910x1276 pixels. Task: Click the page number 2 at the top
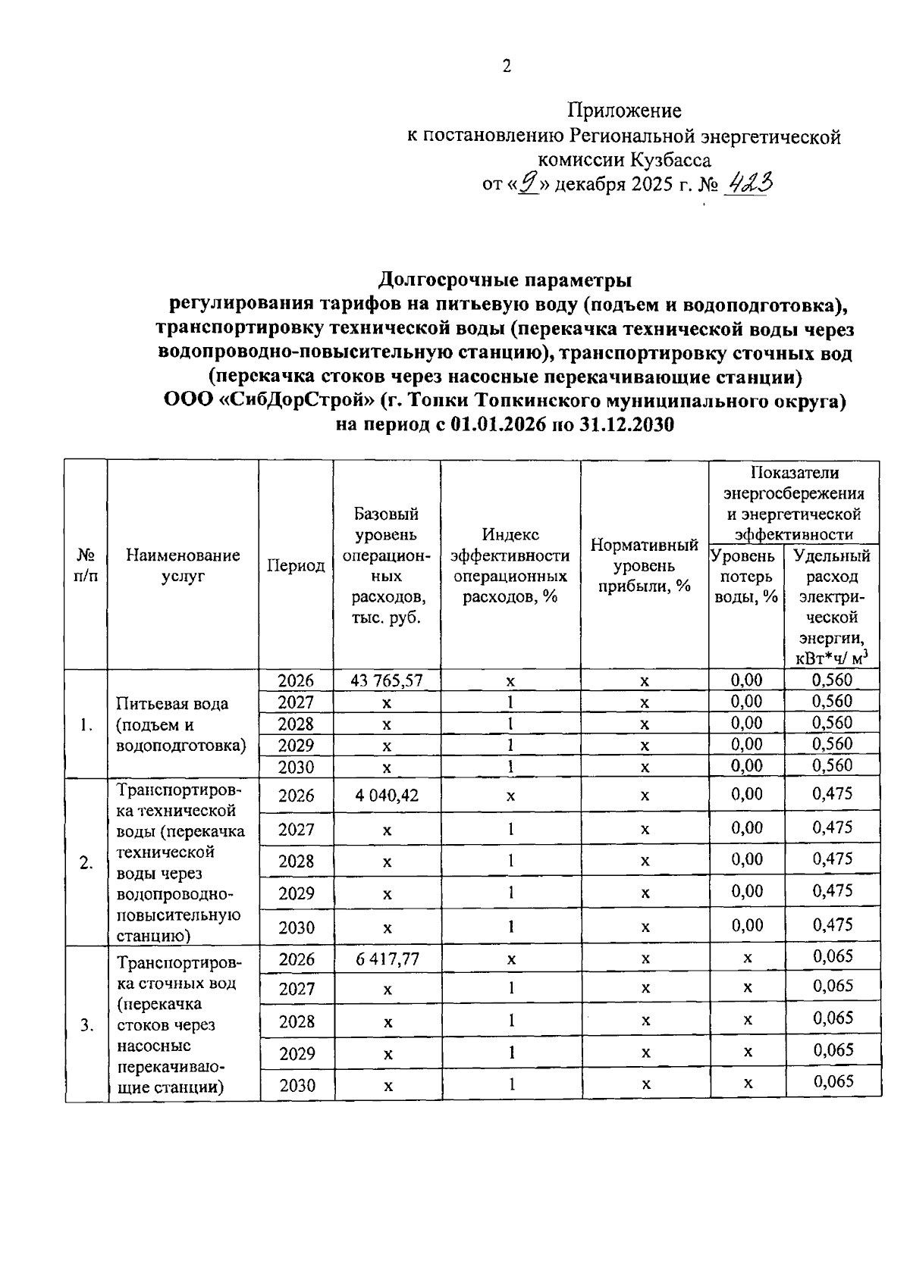click(x=507, y=66)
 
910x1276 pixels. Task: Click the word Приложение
click(x=625, y=111)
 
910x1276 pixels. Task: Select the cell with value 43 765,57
click(x=387, y=680)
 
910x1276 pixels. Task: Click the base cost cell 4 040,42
click(x=387, y=796)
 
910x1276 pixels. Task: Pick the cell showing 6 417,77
click(x=387, y=959)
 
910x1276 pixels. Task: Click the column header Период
click(x=296, y=565)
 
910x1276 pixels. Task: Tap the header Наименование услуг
click(x=183, y=565)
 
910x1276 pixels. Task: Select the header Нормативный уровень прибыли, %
click(x=644, y=565)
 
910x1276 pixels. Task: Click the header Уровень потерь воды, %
click(x=746, y=576)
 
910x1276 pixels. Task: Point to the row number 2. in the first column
click(x=86, y=862)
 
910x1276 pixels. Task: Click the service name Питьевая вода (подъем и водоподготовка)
click(x=182, y=724)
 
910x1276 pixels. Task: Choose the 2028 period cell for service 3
click(x=297, y=1021)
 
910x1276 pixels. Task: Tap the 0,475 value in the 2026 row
click(x=832, y=794)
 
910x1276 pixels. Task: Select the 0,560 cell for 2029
click(x=832, y=744)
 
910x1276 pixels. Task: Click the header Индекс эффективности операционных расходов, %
click(x=510, y=565)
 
